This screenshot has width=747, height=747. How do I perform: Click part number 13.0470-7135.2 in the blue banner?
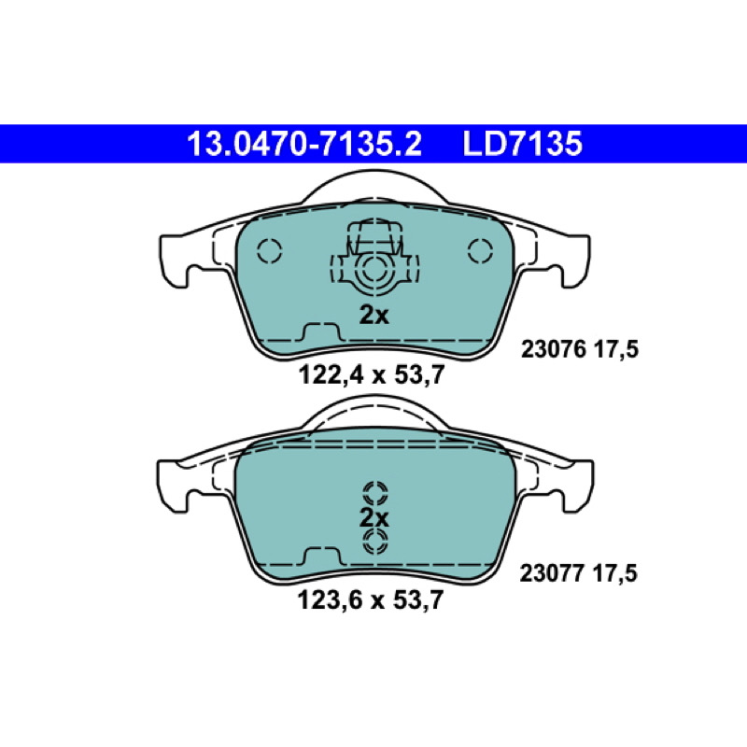tap(304, 144)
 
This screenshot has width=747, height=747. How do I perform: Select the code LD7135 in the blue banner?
tap(522, 144)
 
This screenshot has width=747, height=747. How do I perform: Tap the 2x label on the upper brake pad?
tap(374, 315)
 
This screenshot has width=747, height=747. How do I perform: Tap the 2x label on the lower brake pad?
tap(374, 518)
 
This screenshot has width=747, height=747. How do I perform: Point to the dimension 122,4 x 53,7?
tap(372, 374)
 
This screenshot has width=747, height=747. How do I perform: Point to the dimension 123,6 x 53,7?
tap(371, 599)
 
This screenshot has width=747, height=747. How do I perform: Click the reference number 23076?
tap(553, 349)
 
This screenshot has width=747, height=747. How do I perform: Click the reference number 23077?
tap(552, 573)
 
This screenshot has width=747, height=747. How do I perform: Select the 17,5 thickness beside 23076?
tap(616, 349)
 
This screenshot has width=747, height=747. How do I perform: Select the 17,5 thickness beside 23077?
tap(614, 573)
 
